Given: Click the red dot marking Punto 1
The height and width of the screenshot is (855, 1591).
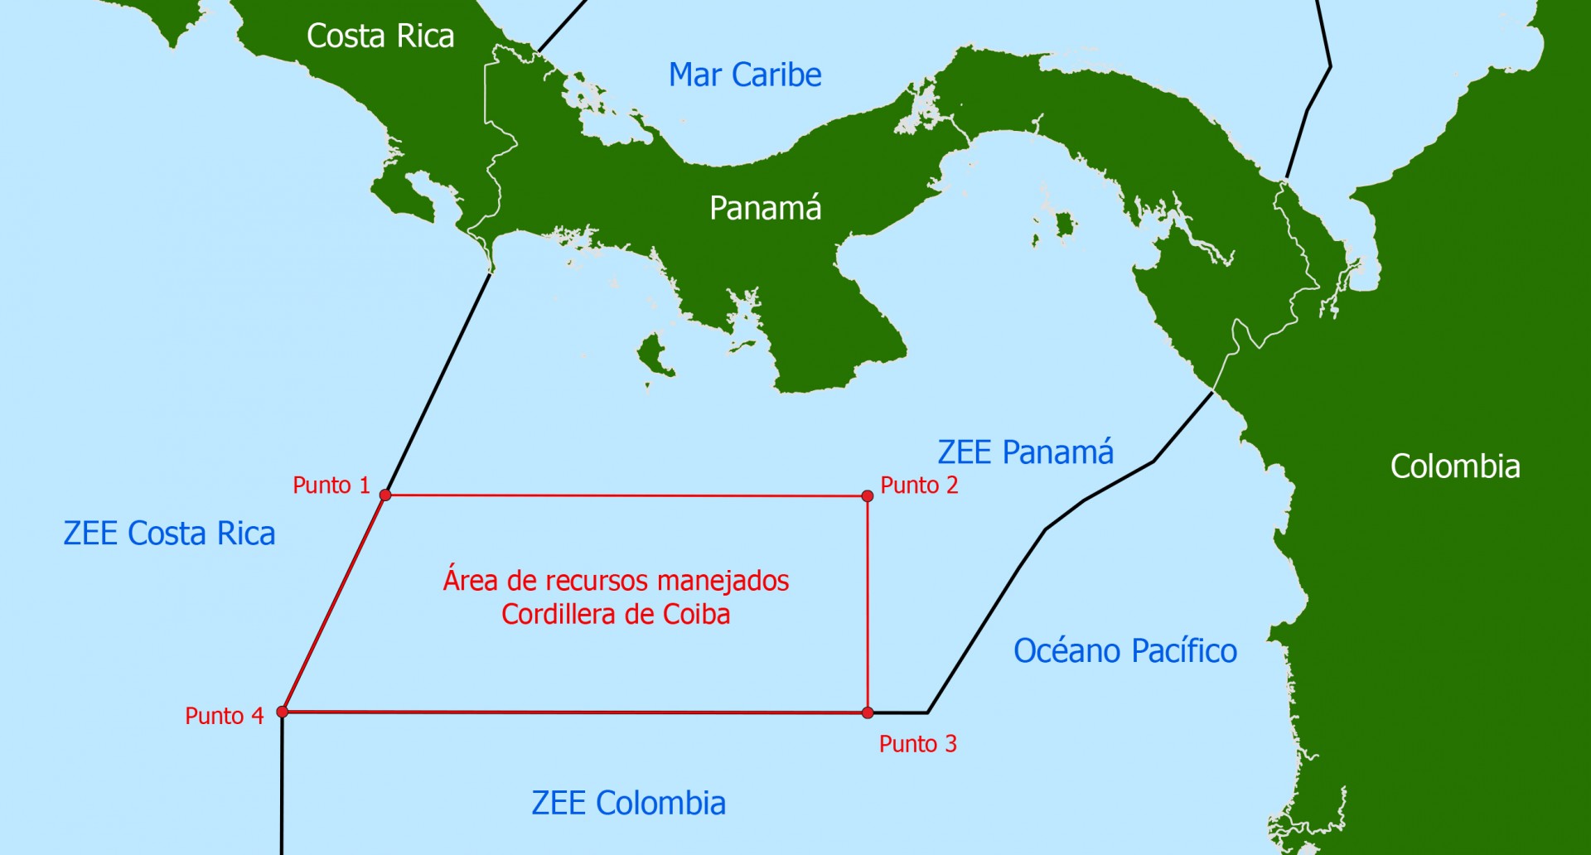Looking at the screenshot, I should (x=385, y=495).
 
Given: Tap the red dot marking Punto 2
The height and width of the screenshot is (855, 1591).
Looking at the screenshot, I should (x=868, y=496).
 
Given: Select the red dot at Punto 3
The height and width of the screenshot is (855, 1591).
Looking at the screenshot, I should (x=868, y=712).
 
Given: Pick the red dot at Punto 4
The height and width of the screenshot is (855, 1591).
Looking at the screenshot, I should (x=283, y=712).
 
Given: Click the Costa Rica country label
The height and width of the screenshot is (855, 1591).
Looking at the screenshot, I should (x=380, y=36).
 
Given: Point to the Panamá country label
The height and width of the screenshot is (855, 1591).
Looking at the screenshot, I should (x=766, y=208).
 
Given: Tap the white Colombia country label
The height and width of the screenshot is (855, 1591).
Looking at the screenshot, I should (x=1455, y=466).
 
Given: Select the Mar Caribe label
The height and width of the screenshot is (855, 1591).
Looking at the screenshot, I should (x=745, y=75).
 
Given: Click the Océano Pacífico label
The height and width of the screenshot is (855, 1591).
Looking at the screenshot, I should (x=1125, y=651).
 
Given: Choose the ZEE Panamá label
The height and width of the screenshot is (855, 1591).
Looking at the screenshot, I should (x=1026, y=452).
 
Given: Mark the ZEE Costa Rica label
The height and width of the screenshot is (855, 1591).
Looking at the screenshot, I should (x=169, y=534).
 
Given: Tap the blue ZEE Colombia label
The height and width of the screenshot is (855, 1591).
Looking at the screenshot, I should (x=628, y=803).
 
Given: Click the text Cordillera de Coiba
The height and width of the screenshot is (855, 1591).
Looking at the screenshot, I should (x=616, y=615).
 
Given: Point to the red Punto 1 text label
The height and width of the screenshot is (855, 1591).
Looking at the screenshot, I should (x=331, y=485).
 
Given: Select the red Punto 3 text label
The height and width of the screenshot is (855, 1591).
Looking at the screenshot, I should (x=918, y=744).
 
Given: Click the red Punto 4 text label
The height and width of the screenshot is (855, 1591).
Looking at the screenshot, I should (x=224, y=716).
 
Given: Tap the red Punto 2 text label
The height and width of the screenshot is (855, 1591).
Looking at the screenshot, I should (x=919, y=485).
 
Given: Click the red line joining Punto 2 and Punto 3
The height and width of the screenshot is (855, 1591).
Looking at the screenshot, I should (x=868, y=605).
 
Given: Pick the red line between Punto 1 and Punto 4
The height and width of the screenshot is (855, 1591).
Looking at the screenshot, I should (x=334, y=603).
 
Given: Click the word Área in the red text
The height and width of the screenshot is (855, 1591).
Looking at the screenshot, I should (x=470, y=580).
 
